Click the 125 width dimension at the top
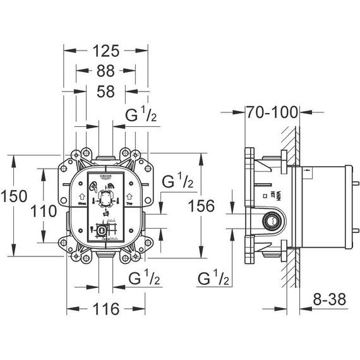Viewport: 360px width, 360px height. tap(105, 51)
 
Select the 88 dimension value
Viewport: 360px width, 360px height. tap(105, 71)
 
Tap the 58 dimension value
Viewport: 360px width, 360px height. tap(105, 92)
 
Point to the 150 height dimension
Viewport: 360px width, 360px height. tap(15, 196)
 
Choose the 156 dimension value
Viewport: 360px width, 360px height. tap(201, 205)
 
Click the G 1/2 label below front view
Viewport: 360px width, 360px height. tap(143, 279)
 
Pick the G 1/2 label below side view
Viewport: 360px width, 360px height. tap(212, 279)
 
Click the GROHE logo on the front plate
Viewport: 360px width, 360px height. tap(105, 176)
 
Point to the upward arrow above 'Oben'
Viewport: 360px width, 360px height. tap(82, 197)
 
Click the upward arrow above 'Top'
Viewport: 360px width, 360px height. tap(129, 197)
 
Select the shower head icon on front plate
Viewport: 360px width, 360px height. tap(111, 185)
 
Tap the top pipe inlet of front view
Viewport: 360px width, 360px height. tap(105, 153)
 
